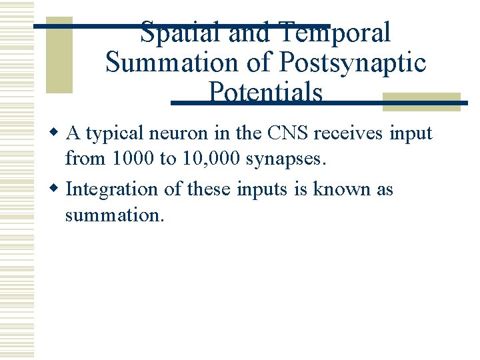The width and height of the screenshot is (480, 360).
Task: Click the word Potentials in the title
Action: (265, 93)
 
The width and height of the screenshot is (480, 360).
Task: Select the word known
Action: (343, 189)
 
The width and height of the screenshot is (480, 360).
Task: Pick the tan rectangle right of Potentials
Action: (422, 101)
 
